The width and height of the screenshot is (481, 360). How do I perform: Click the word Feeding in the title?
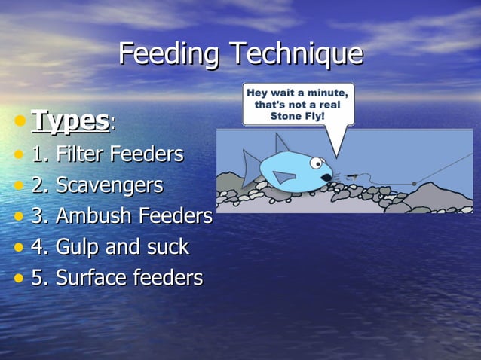tap(170, 54)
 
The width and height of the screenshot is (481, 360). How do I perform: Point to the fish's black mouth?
tap(326, 178)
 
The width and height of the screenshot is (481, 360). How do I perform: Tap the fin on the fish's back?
tap(282, 144)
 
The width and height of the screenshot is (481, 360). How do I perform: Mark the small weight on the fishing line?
tap(413, 183)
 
